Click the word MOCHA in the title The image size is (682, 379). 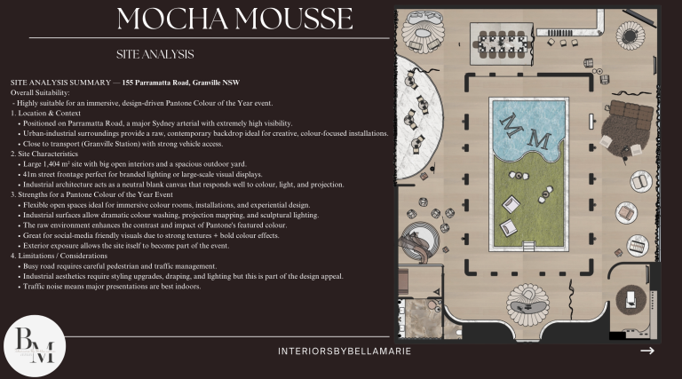[172, 19]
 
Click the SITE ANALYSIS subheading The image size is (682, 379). [155, 54]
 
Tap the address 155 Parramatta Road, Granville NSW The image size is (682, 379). [181, 83]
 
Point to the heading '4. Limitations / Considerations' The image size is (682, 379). [59, 256]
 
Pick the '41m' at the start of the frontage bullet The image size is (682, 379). [29, 174]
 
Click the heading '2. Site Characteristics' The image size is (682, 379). [44, 154]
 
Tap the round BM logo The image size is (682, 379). [35, 346]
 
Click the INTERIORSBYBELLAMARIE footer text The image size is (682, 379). [345, 351]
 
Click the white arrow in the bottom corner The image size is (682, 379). [647, 351]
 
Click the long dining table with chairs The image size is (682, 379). [502, 44]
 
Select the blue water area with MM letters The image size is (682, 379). [527, 129]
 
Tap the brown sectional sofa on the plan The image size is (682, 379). [631, 114]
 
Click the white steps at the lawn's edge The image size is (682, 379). [528, 246]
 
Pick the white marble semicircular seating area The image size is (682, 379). [417, 117]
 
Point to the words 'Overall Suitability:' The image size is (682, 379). [40, 92]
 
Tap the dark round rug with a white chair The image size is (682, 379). [631, 299]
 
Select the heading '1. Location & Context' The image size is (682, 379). [45, 113]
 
